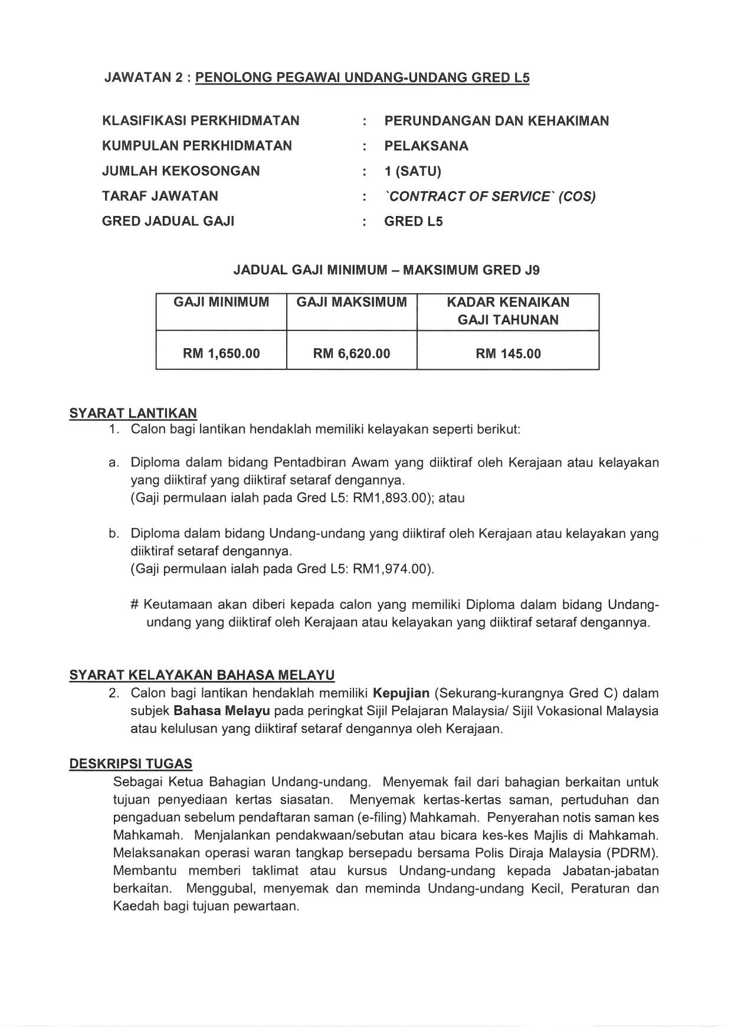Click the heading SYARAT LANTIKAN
[133, 413]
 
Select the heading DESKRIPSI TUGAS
[130, 764]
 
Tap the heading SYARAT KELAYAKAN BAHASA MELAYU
[202, 675]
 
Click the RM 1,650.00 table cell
[221, 353]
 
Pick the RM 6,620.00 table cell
[352, 353]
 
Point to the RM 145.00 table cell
[508, 353]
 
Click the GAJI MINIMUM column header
[221, 303]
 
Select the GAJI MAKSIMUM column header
[352, 303]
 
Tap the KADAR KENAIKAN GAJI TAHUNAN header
[508, 311]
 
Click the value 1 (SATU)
[412, 171]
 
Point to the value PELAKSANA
[426, 146]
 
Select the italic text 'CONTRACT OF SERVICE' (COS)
[490, 196]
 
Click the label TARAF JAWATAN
[160, 196]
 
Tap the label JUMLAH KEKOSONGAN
[181, 171]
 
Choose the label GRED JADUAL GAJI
[168, 221]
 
